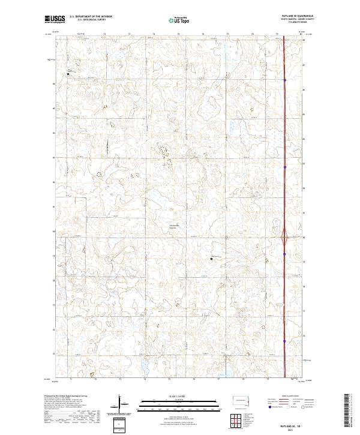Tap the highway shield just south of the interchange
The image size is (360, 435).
[284, 254]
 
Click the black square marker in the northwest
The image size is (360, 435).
[68, 74]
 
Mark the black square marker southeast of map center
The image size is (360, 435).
[211, 259]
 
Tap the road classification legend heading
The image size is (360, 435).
[290, 396]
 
